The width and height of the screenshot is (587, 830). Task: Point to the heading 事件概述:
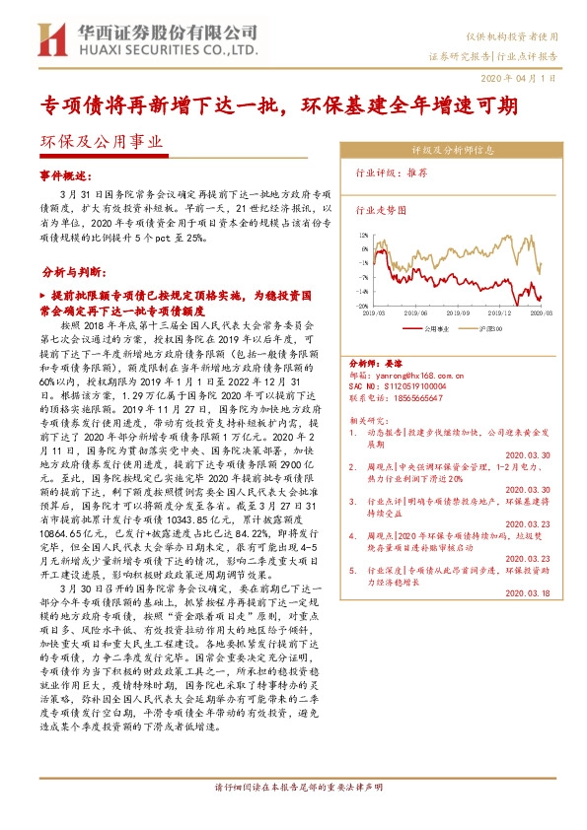64,173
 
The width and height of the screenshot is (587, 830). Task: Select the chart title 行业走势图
380,210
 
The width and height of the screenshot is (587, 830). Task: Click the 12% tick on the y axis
363,237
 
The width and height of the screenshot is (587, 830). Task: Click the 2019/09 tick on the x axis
428,311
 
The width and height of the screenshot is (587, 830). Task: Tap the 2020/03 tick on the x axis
539,311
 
